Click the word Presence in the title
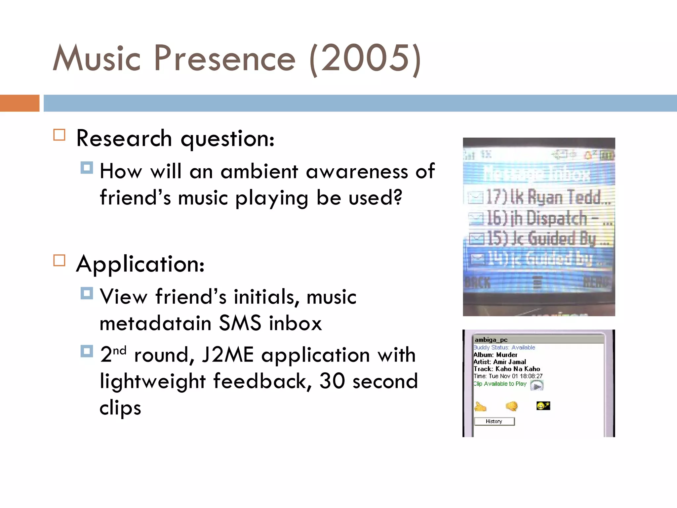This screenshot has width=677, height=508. point(224,59)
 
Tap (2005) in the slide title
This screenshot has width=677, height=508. point(365,59)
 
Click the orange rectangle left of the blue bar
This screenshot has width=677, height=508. point(20,103)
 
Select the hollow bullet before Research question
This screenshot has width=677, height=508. point(60,135)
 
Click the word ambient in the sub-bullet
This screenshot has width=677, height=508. point(259,172)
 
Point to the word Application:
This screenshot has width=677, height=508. point(140,264)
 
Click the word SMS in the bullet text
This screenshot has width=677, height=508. point(240,323)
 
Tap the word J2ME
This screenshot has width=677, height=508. point(228,355)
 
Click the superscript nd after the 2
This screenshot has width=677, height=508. point(120,350)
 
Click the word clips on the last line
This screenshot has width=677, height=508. point(120,407)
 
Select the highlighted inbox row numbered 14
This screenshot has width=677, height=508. point(539,259)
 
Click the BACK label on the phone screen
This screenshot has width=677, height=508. point(477,283)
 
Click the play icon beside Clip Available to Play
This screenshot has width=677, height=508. point(537,385)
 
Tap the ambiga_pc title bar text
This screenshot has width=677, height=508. point(491,340)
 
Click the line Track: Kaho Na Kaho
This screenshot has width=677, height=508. point(506,369)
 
